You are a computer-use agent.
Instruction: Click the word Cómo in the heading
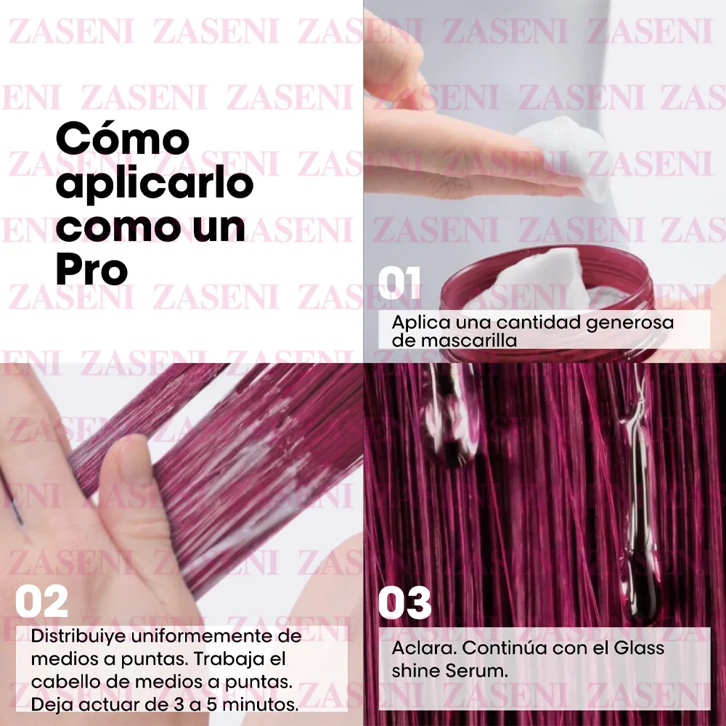tap(123, 139)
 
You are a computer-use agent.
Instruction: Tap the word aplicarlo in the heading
tap(154, 185)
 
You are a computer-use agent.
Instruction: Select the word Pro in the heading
tap(91, 270)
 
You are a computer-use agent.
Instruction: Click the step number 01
tap(399, 284)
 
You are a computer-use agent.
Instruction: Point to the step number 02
tap(41, 603)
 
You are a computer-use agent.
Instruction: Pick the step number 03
tap(405, 604)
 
